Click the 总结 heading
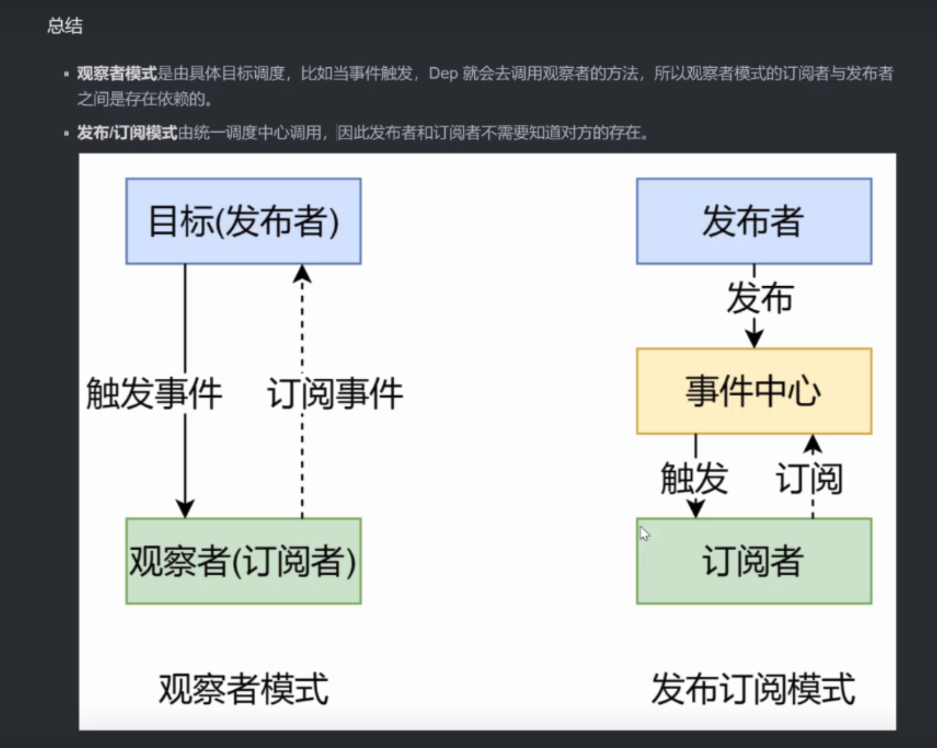pos(65,26)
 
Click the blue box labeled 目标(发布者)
pos(243,221)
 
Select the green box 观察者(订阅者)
pos(243,561)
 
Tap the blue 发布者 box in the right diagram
pos(754,221)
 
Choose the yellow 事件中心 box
pos(754,391)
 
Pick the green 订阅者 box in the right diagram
pos(754,561)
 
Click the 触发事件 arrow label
pos(154,393)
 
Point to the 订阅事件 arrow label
pos(335,393)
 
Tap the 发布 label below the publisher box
pos(760,298)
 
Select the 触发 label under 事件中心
pos(694,478)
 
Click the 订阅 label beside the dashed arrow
pos(809,478)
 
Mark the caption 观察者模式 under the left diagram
pos(243,689)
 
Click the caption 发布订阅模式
pos(753,689)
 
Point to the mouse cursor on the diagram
pos(644,534)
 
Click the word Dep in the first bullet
pos(443,74)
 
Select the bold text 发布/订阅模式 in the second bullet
pos(127,133)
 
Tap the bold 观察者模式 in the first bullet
pos(117,74)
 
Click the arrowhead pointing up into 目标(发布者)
pos(302,273)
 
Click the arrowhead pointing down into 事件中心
pos(754,339)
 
